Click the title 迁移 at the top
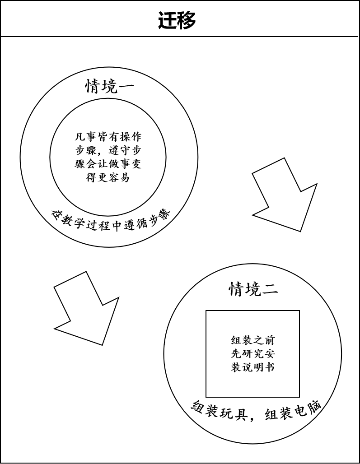[177, 20]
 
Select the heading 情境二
[253, 289]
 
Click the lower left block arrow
[86, 308]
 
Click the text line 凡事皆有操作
[108, 137]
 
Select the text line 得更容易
[108, 177]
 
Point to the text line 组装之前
[253, 340]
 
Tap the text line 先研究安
[253, 353]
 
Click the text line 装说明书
[253, 367]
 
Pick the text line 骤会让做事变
[108, 164]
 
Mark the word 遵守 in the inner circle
[119, 150]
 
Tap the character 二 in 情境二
[270, 289]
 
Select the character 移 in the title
[187, 20]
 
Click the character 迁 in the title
[167, 20]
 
